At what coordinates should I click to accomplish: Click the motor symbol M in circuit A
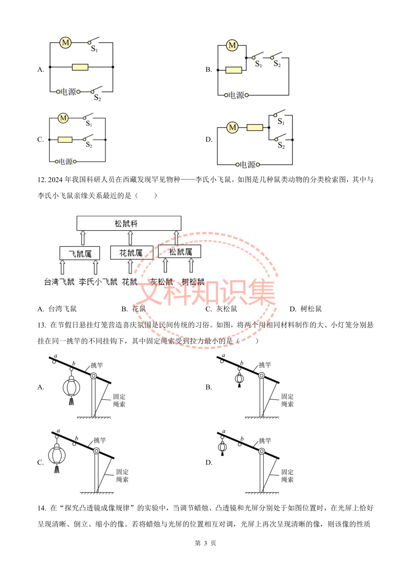point(65,43)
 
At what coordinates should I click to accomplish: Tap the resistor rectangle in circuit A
point(80,67)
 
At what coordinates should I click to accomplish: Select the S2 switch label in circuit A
point(97,98)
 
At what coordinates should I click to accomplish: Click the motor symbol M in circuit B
point(232,45)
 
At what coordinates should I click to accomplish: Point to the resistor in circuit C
point(65,140)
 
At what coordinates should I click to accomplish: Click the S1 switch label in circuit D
point(281,121)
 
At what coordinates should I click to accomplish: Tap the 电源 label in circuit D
point(247,165)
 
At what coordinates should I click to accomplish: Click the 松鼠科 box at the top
point(129,223)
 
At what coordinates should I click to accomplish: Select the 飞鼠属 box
point(80,253)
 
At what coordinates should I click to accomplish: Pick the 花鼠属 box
point(131,253)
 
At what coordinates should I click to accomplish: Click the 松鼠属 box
point(180,252)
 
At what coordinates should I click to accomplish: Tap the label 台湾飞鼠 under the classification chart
point(59,282)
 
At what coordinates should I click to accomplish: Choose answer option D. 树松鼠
point(306,309)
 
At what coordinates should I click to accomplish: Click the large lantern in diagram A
point(71,388)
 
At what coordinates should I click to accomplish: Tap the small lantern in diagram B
point(239,378)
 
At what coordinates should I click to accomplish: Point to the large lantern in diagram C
point(57,455)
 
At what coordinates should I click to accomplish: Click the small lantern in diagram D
point(223,447)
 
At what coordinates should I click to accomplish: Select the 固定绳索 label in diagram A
point(119,400)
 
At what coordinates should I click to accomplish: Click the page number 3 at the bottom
point(205,543)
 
